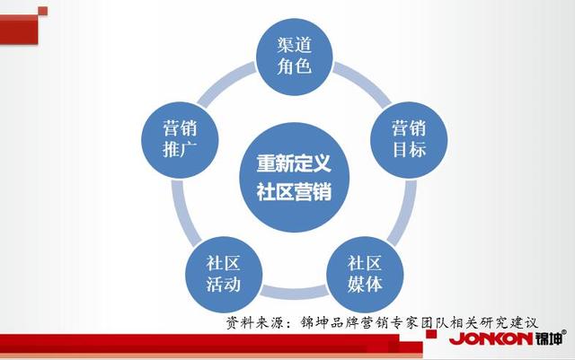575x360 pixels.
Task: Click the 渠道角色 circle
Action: coord(294,57)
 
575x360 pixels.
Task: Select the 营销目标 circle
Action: coord(409,140)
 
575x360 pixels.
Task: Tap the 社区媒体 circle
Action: coord(365,275)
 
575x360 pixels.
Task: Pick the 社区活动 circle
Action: coord(224,275)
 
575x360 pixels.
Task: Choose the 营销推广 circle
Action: coord(180,140)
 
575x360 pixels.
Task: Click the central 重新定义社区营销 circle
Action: coord(294,178)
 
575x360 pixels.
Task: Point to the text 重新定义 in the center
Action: coord(294,163)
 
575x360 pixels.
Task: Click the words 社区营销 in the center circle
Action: coord(294,192)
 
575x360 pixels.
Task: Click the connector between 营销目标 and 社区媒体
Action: coord(402,214)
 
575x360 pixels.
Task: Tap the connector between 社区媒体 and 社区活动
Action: coord(295,292)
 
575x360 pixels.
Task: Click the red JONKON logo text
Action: coord(491,338)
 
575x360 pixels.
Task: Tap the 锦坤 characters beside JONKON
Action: coord(548,338)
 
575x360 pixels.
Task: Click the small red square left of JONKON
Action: coord(431,334)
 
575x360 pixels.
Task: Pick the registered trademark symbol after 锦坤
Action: coord(564,332)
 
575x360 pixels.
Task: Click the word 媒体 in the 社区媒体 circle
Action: coord(365,284)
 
